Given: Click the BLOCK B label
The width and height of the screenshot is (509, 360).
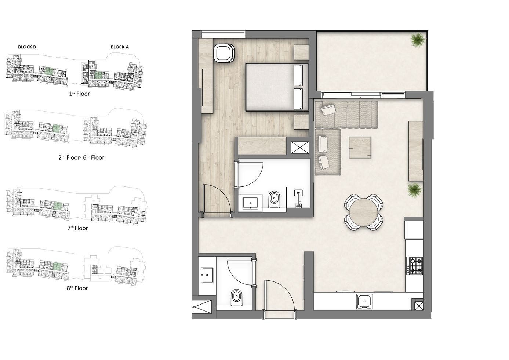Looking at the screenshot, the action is coord(27,47).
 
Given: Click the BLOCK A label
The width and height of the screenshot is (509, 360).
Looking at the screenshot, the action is coord(120,47).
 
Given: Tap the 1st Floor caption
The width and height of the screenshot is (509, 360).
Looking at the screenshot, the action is coord(79,94).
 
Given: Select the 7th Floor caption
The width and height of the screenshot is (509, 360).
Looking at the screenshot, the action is coord(77,228).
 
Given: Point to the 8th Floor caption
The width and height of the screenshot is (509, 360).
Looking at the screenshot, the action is coord(77,288).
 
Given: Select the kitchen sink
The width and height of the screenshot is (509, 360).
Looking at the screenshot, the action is coord(364,302).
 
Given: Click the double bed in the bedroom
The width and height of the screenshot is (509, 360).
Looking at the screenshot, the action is coord(277,87).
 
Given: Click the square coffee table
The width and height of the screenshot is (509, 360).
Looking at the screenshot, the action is coord(360,148).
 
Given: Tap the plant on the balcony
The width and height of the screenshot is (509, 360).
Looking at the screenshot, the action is coord(418,40).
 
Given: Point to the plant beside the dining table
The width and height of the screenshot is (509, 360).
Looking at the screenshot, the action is coord(415,190).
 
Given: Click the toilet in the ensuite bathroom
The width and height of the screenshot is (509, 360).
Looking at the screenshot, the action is coord(274,199).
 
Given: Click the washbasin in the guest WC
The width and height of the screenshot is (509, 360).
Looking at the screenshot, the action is coord(207,275).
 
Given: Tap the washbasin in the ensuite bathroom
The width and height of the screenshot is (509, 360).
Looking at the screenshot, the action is coord(250,203).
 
